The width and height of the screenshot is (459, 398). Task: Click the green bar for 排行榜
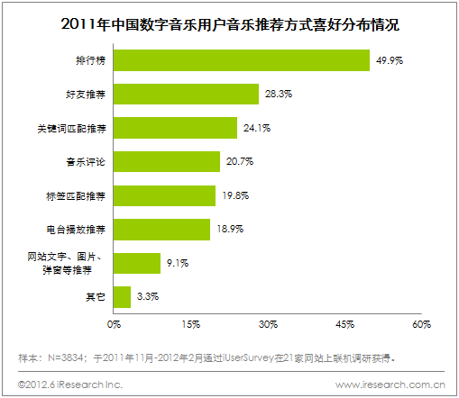pos(242,60)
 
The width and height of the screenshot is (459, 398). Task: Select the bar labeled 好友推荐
pos(186,94)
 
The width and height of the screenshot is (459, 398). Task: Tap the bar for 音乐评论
pos(167,161)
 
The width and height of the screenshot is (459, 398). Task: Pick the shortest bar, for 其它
pos(122,296)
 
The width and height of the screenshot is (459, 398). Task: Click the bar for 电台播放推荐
pos(162,229)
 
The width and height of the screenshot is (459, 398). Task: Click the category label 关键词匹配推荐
pos(78,128)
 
